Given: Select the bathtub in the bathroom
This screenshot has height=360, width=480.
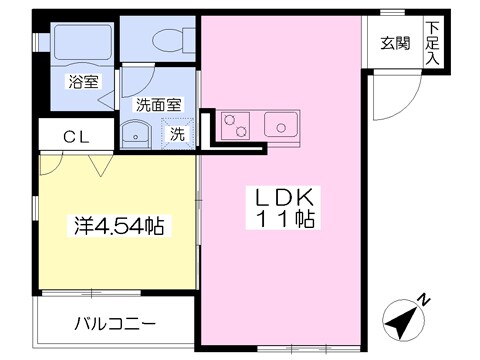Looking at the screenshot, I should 75,42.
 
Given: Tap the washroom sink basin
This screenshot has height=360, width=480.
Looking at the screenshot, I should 134,133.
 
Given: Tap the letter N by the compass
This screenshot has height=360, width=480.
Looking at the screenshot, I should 424,299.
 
